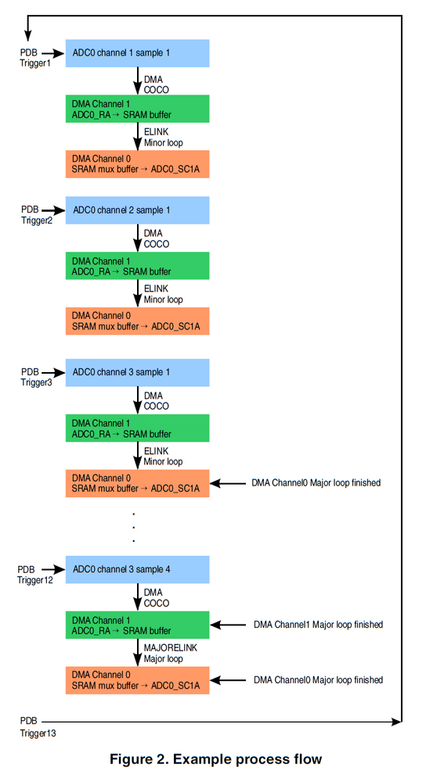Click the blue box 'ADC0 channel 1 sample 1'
click(x=137, y=53)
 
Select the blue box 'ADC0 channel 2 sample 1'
click(x=137, y=210)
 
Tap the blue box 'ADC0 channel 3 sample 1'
click(x=137, y=373)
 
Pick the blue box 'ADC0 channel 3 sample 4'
click(x=137, y=569)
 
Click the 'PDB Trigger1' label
click(x=35, y=58)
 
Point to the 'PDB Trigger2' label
click(x=37, y=215)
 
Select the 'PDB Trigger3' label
click(x=37, y=377)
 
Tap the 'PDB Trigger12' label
click(x=35, y=575)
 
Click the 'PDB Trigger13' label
click(x=38, y=727)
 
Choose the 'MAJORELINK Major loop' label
click(x=170, y=653)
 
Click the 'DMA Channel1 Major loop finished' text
click(x=318, y=625)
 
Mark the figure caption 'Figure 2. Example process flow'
click(x=216, y=759)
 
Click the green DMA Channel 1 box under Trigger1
click(x=137, y=109)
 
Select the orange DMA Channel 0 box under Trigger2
click(x=137, y=321)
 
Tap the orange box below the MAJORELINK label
click(x=137, y=680)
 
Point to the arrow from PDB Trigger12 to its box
click(x=53, y=569)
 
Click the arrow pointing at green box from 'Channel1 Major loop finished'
click(x=228, y=625)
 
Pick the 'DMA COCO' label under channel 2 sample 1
click(x=156, y=238)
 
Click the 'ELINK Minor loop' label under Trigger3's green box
click(x=163, y=457)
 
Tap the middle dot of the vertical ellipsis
click(x=134, y=527)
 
